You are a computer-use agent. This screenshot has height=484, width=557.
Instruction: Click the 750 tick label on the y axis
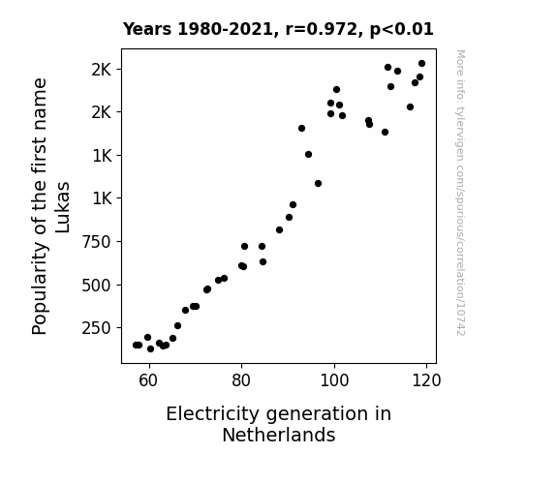click(x=97, y=242)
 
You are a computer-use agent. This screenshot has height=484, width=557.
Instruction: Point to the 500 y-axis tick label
click(x=97, y=286)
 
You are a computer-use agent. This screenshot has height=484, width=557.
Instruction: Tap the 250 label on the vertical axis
click(x=97, y=328)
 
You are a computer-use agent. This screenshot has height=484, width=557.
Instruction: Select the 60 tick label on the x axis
click(x=148, y=380)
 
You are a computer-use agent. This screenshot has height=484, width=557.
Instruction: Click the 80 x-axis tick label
click(x=241, y=380)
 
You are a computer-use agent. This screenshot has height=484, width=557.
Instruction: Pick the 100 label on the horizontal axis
click(x=334, y=380)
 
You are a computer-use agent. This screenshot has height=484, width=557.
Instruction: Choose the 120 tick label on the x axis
click(x=426, y=380)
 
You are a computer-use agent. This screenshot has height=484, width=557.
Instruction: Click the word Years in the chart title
click(x=147, y=29)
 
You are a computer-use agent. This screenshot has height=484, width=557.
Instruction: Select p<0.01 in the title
click(x=402, y=29)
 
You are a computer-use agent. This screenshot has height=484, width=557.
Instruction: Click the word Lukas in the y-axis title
click(x=63, y=207)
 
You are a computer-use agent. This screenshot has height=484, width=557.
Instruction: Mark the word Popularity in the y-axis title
click(x=39, y=288)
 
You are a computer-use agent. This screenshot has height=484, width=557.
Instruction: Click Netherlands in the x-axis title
click(x=279, y=435)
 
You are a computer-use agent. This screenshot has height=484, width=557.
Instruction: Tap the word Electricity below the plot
click(x=214, y=414)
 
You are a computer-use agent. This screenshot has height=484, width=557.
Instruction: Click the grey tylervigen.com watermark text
click(x=460, y=193)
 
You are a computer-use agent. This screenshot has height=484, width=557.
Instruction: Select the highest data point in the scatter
click(x=421, y=64)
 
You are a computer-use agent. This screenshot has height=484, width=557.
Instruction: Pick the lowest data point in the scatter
click(x=150, y=349)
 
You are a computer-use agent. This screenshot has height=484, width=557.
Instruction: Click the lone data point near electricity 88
click(x=279, y=230)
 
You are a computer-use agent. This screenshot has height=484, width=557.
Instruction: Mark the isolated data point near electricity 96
click(x=318, y=184)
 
